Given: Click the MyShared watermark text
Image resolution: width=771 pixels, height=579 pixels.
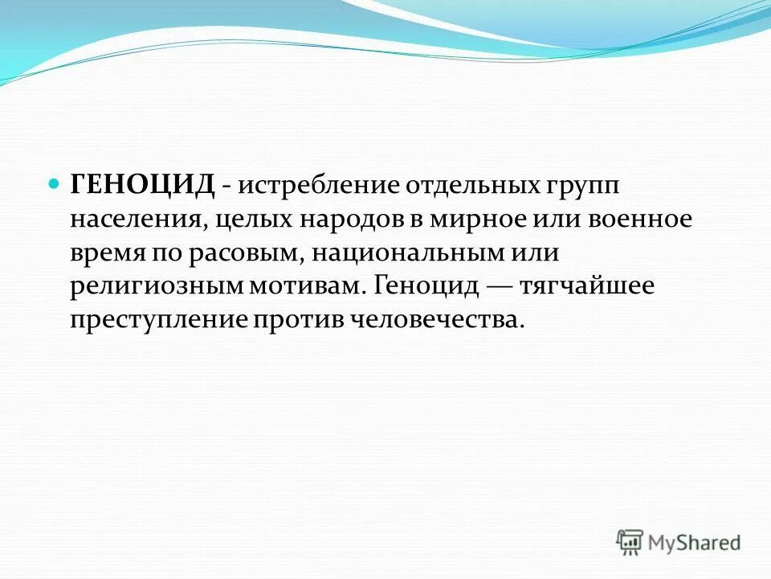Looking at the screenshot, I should [696, 542].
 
